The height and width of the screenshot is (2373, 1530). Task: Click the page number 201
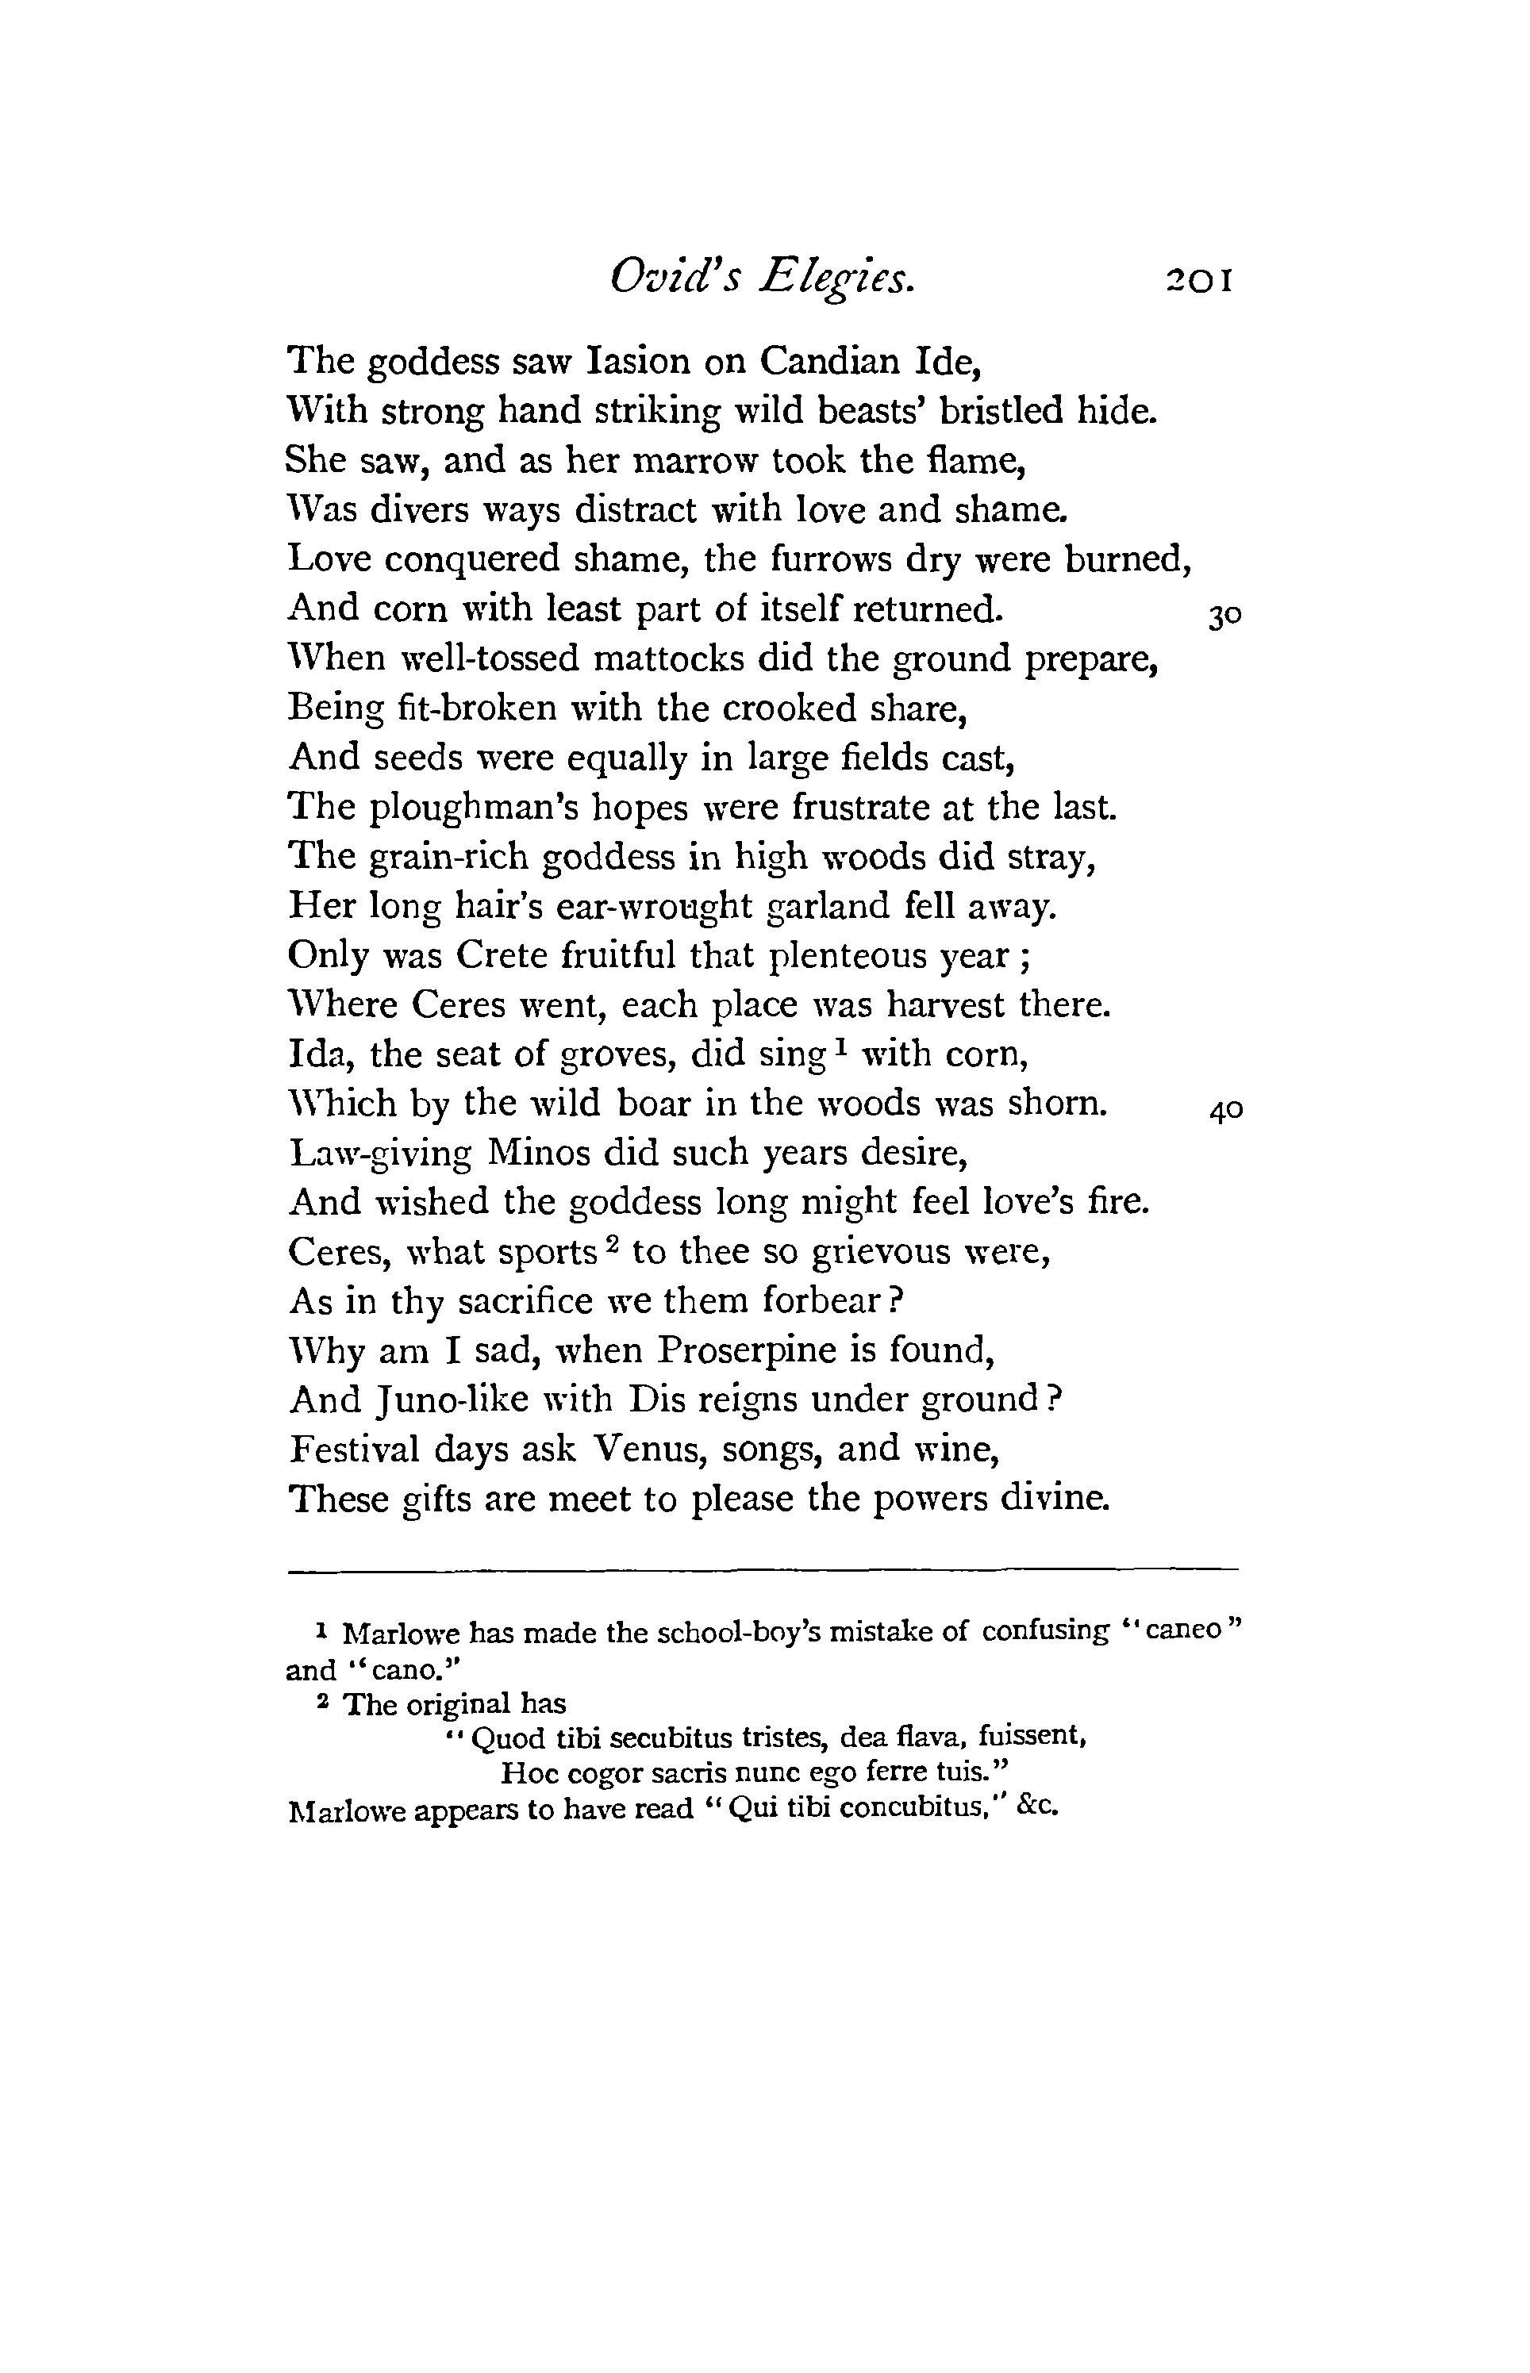click(x=1199, y=280)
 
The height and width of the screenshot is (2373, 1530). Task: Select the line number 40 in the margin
click(x=1226, y=1111)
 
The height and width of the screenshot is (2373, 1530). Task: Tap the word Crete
click(x=502, y=955)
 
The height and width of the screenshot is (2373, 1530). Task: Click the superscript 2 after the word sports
click(x=614, y=1242)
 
